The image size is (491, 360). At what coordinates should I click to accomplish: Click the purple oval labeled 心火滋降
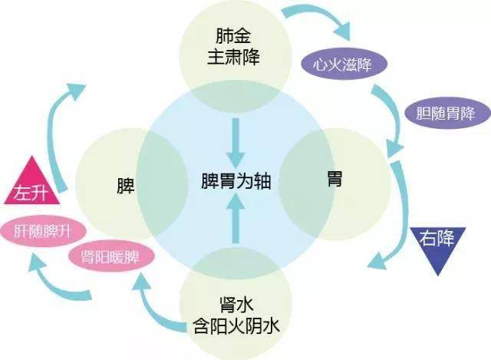tap(344, 64)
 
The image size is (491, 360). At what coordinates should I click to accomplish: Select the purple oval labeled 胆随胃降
tap(447, 113)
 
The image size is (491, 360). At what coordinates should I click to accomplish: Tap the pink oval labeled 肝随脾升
tap(43, 231)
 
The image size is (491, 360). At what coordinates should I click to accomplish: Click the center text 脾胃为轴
tap(236, 181)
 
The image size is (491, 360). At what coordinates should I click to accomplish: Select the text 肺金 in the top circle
tap(233, 36)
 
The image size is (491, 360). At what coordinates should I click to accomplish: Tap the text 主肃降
tap(233, 58)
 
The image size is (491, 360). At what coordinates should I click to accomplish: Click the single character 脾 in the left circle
tap(126, 186)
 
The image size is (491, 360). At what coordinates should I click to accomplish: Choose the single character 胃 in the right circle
tap(334, 179)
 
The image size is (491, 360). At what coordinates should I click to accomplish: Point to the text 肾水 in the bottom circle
tap(236, 305)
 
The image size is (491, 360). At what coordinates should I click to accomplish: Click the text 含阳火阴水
tap(236, 326)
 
